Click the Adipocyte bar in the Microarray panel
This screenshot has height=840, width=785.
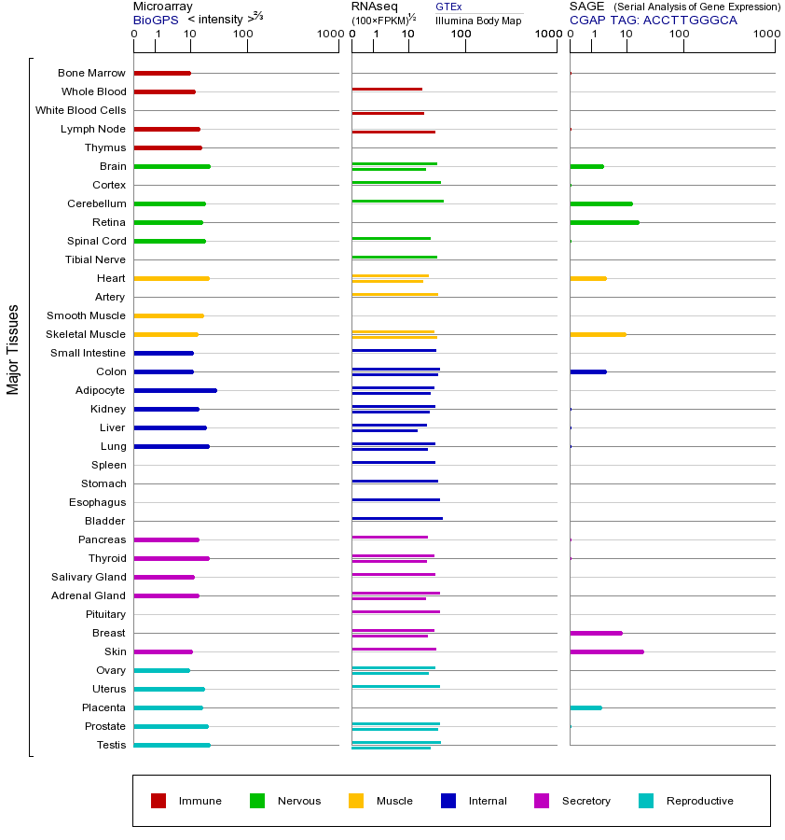(175, 390)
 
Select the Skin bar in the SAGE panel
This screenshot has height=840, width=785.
(606, 651)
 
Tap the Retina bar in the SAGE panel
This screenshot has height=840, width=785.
(604, 222)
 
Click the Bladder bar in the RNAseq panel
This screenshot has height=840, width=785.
(397, 518)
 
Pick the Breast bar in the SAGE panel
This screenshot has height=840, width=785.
(596, 633)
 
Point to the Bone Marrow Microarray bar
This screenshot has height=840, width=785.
(162, 73)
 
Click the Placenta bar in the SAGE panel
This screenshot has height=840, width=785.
(585, 707)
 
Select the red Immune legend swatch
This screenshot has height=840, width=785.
(158, 801)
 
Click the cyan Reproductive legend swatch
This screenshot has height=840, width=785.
(646, 801)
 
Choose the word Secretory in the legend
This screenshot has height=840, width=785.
(585, 801)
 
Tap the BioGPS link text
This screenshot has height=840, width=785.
(155, 20)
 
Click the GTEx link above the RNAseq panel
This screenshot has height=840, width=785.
(448, 7)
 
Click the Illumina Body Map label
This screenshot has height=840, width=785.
(478, 20)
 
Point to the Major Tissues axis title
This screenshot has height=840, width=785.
(13, 348)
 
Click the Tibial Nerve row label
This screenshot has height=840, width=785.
(95, 259)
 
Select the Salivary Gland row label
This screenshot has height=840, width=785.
(89, 577)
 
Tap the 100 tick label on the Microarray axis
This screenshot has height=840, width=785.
(242, 35)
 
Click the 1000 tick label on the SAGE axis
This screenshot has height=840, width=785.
(766, 35)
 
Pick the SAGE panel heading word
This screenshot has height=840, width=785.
(587, 7)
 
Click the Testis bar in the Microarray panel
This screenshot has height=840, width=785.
(172, 745)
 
